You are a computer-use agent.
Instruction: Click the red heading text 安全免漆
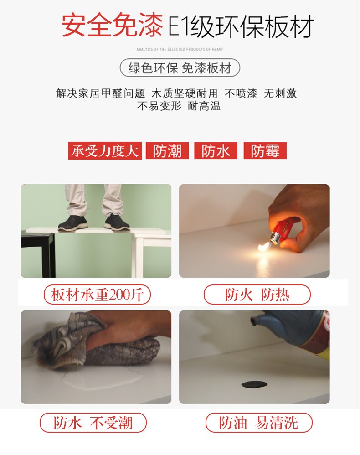click(112, 26)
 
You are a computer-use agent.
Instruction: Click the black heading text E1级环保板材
click(241, 26)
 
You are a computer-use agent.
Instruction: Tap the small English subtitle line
click(180, 49)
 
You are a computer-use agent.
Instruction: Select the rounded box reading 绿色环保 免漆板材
click(180, 68)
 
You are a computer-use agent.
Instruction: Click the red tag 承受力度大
click(105, 150)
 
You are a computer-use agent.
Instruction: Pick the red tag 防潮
click(167, 150)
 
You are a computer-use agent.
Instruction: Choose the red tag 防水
click(216, 150)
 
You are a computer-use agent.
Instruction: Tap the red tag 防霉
click(265, 150)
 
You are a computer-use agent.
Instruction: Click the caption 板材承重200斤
click(97, 295)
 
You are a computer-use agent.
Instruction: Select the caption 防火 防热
click(257, 295)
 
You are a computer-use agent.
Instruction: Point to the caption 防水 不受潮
click(93, 423)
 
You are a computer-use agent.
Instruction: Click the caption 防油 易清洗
click(259, 423)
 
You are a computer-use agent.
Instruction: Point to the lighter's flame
click(264, 248)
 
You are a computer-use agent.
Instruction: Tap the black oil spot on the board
click(254, 384)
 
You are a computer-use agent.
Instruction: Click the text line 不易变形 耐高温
click(179, 106)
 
